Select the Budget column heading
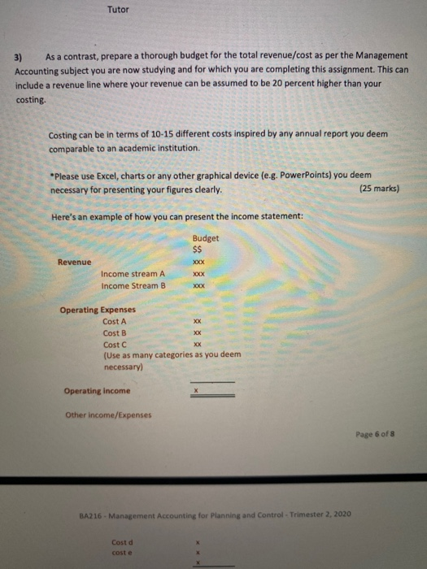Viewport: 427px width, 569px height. point(206,238)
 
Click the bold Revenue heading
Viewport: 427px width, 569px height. point(75,262)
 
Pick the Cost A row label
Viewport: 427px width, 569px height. point(115,322)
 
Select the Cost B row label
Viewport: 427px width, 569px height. point(115,332)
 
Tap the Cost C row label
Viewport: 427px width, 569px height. point(115,344)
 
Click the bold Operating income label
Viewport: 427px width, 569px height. point(96,391)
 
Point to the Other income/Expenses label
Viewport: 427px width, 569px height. point(107,415)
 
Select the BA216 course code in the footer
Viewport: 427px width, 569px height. point(90,515)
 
